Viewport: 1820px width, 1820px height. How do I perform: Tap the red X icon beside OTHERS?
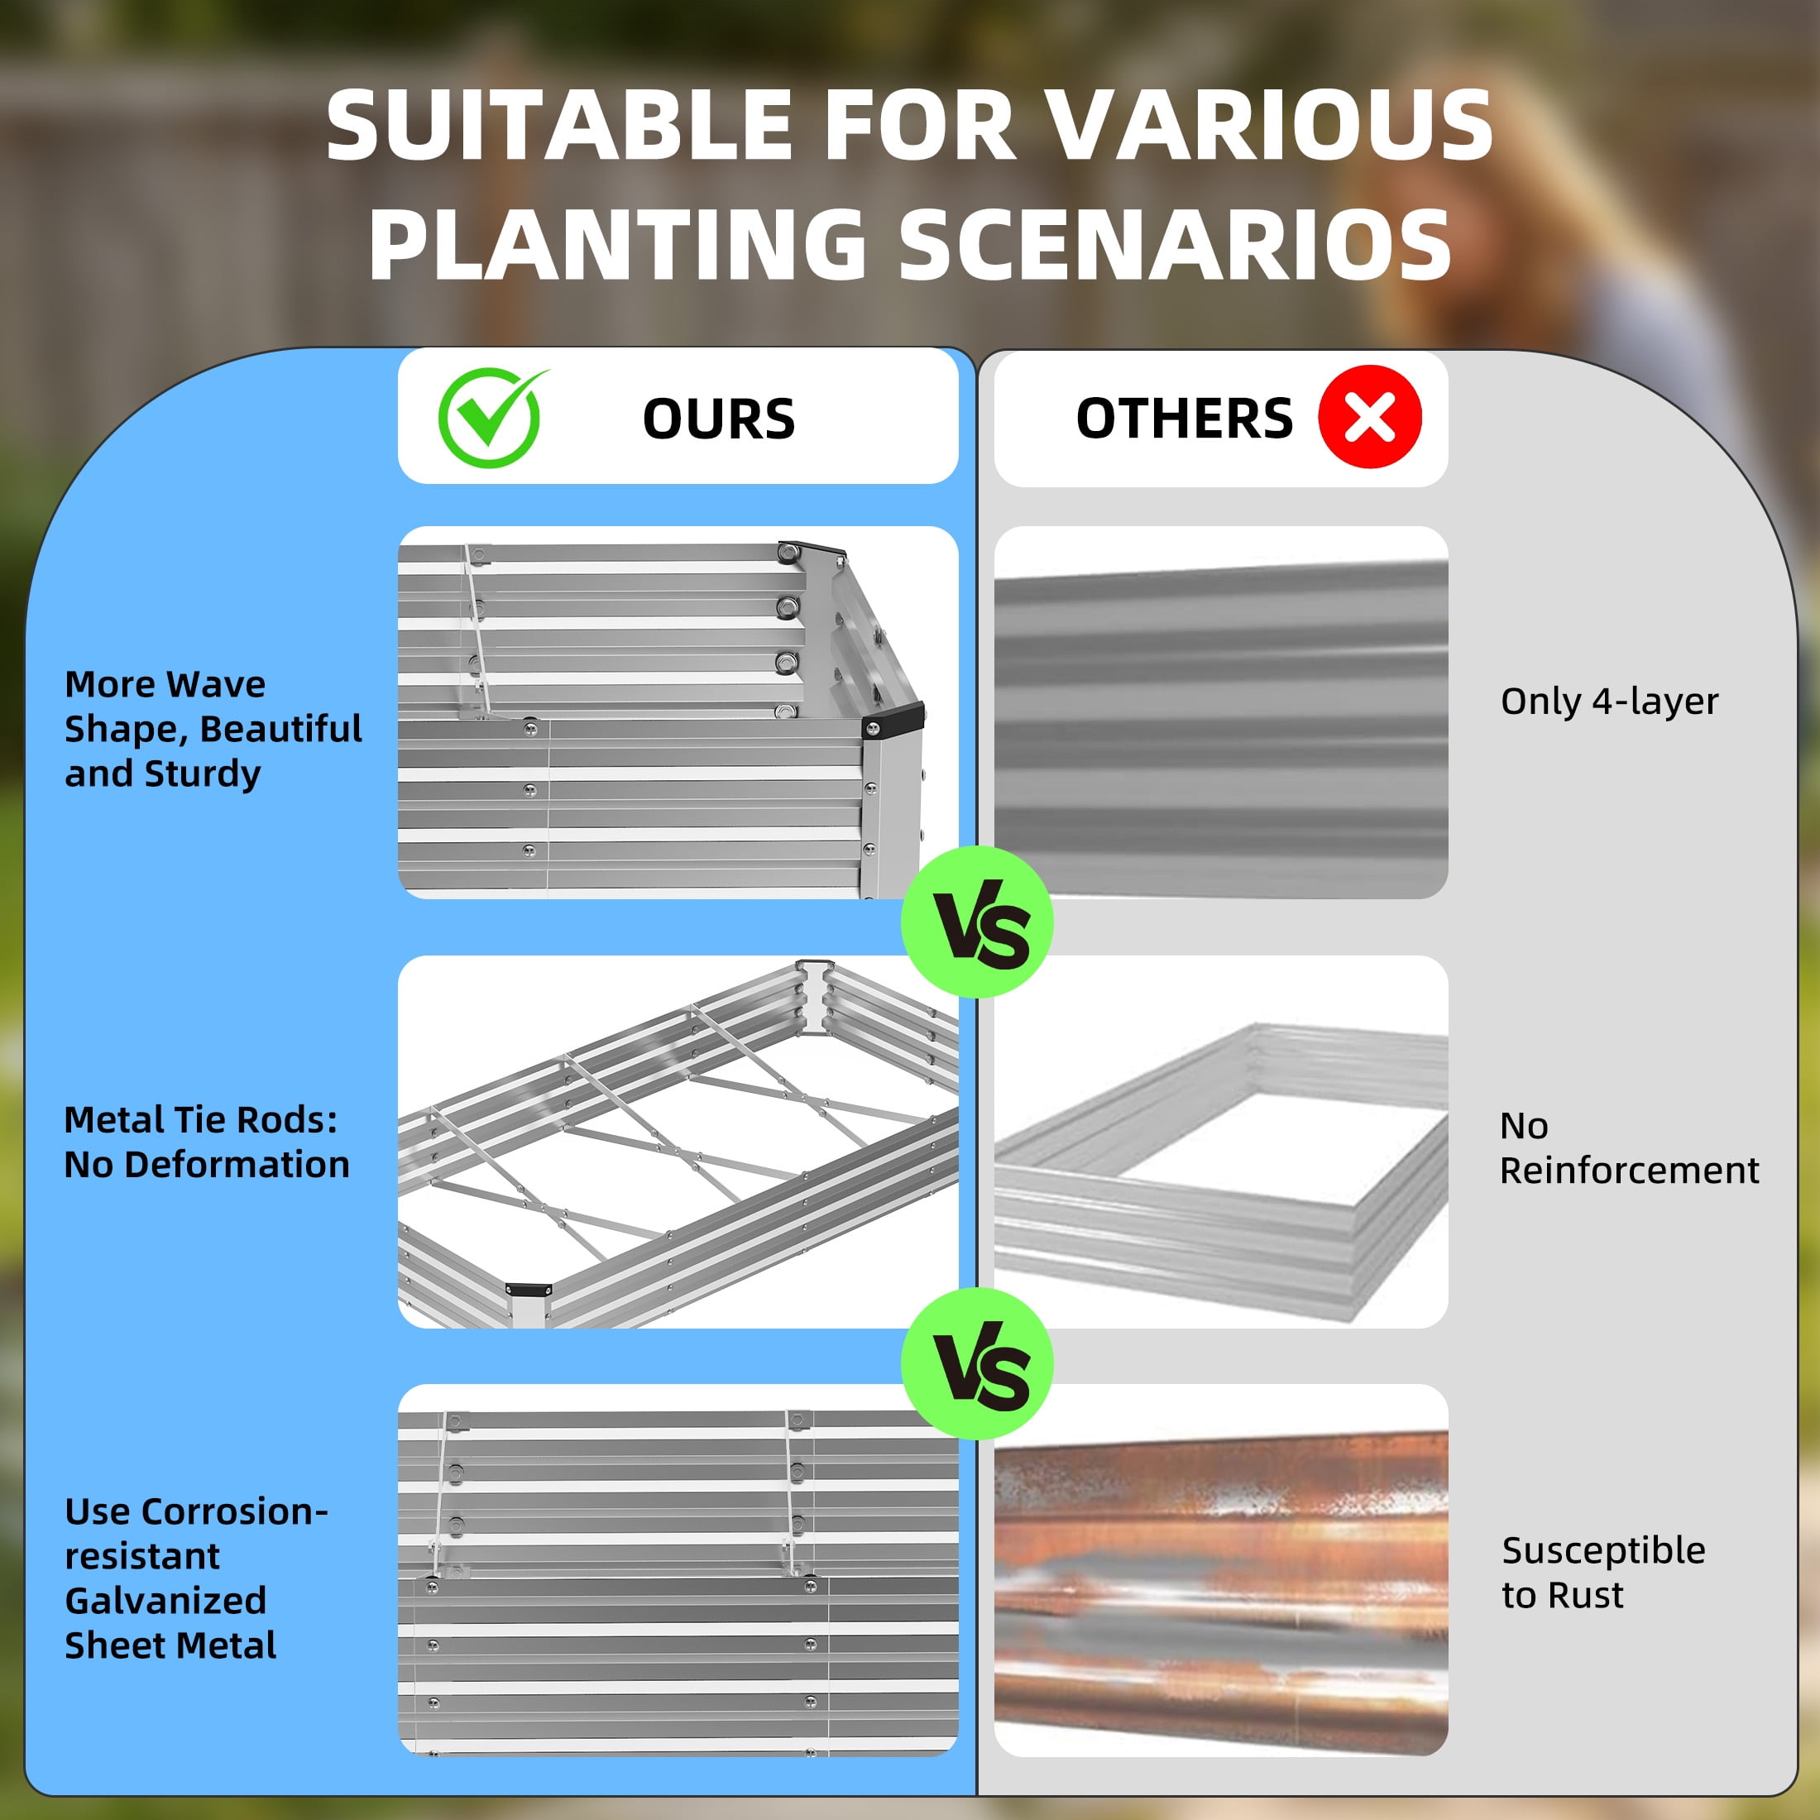click(x=1370, y=416)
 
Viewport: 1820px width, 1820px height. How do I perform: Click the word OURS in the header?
click(x=719, y=419)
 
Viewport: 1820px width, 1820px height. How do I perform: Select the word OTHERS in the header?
click(x=1184, y=419)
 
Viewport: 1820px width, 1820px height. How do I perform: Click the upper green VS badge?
click(x=977, y=922)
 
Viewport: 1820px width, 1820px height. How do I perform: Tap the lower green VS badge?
click(x=977, y=1364)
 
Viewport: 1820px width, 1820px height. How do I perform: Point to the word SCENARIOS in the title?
click(x=1175, y=243)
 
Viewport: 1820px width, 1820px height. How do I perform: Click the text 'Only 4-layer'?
click(x=1609, y=702)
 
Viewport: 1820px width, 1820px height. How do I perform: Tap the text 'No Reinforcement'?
click(x=1629, y=1147)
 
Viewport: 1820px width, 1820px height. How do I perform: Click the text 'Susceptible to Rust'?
click(x=1603, y=1573)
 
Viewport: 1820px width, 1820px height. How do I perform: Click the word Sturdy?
click(x=202, y=774)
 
